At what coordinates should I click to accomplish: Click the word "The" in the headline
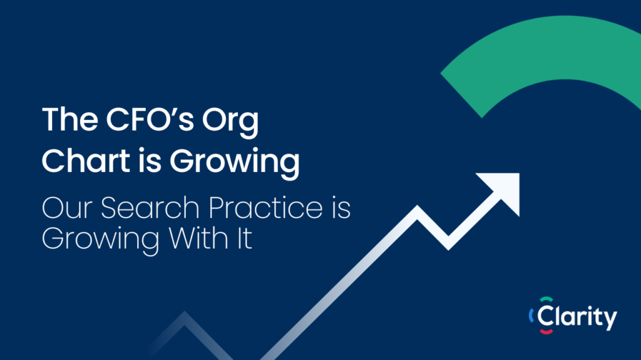[x=70, y=119]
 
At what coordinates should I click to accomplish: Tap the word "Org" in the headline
[x=230, y=122]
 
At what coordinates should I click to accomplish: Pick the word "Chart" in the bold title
[x=86, y=161]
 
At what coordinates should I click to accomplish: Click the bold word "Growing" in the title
[x=235, y=163]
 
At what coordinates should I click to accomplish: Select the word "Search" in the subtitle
[x=150, y=207]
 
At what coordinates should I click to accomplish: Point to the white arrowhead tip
[x=519, y=174]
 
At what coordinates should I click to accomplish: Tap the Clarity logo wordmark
[x=577, y=317]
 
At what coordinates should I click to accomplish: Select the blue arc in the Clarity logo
[x=531, y=316]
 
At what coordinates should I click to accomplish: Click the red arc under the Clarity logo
[x=546, y=331]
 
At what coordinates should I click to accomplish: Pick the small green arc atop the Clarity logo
[x=546, y=299]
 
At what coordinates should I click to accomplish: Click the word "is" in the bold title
[x=150, y=161]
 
